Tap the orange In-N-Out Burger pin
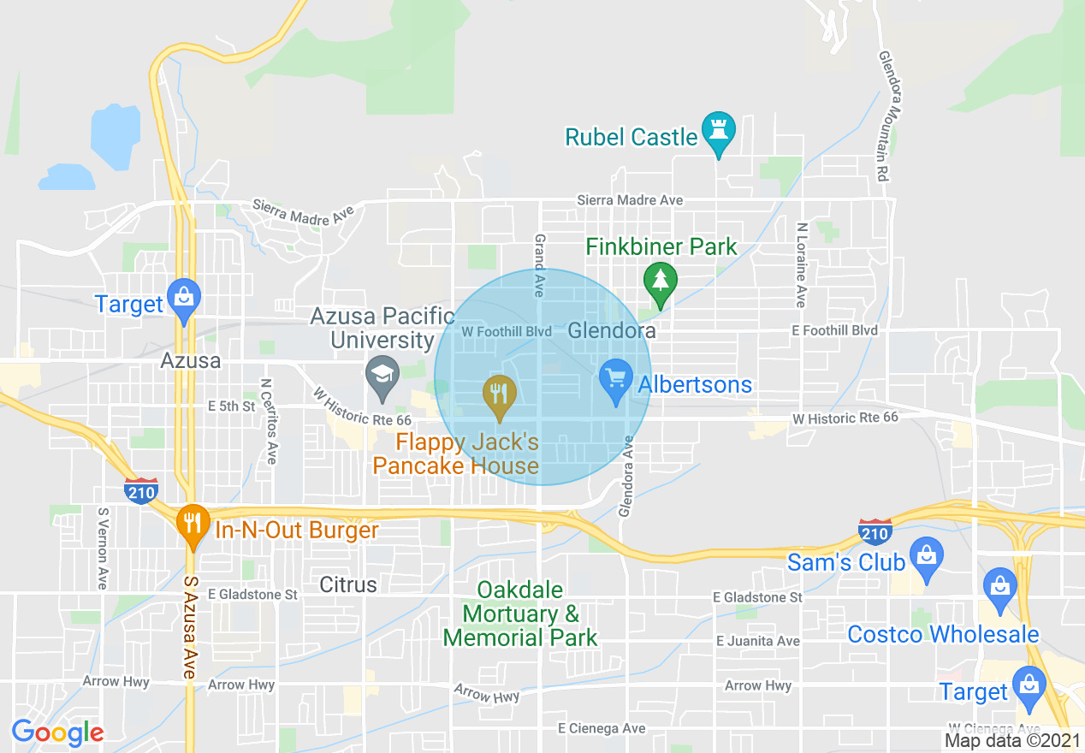(x=193, y=524)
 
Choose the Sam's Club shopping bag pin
(x=926, y=554)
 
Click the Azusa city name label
(x=190, y=361)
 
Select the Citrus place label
(x=347, y=585)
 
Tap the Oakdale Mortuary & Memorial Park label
(x=520, y=614)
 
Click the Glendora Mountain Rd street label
(x=888, y=116)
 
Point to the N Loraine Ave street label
(x=801, y=265)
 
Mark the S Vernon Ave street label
(x=103, y=548)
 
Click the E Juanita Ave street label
(x=758, y=641)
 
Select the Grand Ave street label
(x=540, y=265)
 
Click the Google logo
(x=57, y=732)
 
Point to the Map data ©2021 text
(x=1012, y=740)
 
